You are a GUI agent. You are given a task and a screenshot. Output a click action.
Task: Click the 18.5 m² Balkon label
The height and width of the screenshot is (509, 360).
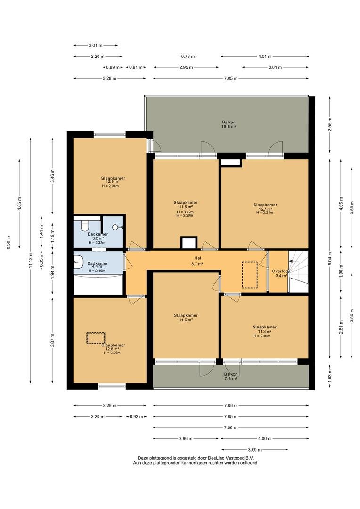click(229, 124)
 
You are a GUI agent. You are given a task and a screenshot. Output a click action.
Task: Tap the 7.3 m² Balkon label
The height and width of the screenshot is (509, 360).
click(231, 376)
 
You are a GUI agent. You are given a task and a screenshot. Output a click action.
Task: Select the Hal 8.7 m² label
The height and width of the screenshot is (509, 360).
click(197, 261)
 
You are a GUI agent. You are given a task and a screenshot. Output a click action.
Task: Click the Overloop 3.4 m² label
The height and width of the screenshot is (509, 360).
click(281, 273)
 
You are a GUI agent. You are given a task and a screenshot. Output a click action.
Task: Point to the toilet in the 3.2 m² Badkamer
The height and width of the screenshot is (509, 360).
click(85, 224)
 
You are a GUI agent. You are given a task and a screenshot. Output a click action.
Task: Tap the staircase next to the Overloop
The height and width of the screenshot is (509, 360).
click(298, 271)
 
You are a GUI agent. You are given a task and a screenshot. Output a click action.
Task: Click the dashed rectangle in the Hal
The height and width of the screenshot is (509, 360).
click(250, 275)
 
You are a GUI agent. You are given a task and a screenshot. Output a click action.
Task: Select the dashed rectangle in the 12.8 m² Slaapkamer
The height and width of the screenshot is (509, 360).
click(96, 338)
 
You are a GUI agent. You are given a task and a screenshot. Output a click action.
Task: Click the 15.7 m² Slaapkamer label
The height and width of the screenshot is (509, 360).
click(265, 209)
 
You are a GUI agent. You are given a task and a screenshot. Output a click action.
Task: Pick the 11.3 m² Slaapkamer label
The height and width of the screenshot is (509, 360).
click(264, 331)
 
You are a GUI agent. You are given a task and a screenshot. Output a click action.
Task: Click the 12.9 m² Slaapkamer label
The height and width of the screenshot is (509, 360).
click(113, 182)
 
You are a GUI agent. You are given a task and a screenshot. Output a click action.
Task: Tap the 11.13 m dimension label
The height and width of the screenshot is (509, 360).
click(31, 260)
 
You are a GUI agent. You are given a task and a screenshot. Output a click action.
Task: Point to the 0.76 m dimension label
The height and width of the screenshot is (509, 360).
click(188, 57)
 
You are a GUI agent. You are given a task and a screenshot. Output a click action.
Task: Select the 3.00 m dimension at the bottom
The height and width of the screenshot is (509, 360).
click(255, 450)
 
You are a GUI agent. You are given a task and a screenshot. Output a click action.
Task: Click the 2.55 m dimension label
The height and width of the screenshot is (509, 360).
click(330, 124)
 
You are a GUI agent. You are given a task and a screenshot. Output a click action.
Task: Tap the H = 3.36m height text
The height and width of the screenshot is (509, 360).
click(112, 353)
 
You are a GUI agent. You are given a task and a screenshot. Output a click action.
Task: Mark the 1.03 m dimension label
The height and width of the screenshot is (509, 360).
click(330, 377)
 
